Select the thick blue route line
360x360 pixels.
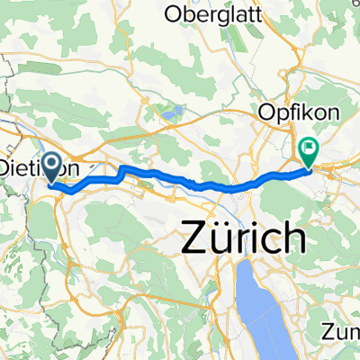(162, 175)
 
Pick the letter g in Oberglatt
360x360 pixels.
(231, 15)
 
